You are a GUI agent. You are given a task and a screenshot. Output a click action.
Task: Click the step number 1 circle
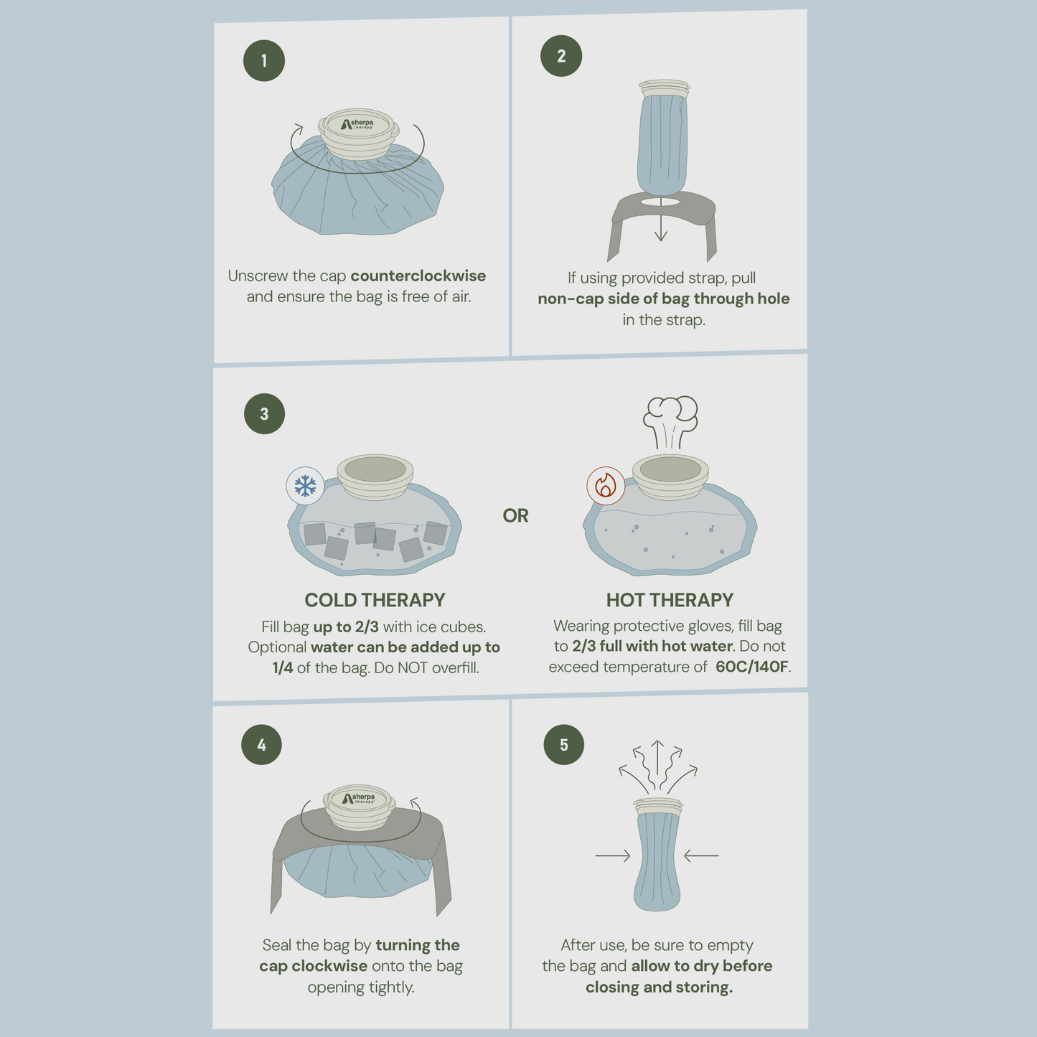pyautogui.click(x=263, y=61)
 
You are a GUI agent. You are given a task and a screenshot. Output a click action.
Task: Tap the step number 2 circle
pyautogui.click(x=561, y=56)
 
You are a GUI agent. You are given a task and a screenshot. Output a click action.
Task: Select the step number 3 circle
pyautogui.click(x=264, y=414)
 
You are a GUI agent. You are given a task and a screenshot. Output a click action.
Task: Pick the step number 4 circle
pyautogui.click(x=261, y=745)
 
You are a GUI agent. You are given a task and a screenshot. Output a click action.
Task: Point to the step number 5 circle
pyautogui.click(x=564, y=745)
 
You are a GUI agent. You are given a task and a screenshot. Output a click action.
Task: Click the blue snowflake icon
pyautogui.click(x=305, y=486)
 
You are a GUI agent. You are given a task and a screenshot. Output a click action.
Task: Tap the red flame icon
pyautogui.click(x=606, y=486)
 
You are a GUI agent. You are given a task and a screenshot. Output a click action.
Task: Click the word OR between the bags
pyautogui.click(x=515, y=515)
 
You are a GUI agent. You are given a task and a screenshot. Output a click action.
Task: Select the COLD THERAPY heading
pyautogui.click(x=375, y=600)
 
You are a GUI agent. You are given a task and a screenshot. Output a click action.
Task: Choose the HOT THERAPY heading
pyautogui.click(x=670, y=600)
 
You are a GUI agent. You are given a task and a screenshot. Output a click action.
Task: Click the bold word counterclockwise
pyautogui.click(x=418, y=276)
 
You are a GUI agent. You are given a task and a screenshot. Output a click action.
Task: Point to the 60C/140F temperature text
pyautogui.click(x=752, y=667)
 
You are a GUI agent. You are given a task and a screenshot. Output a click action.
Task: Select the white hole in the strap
pyautogui.click(x=661, y=202)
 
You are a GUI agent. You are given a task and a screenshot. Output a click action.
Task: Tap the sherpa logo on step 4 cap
pyautogui.click(x=358, y=798)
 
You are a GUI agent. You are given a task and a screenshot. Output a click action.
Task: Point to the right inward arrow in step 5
pyautogui.click(x=701, y=855)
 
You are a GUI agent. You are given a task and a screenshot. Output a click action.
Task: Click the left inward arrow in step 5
pyautogui.click(x=613, y=855)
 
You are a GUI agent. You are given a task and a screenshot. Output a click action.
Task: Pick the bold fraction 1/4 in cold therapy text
pyautogui.click(x=283, y=668)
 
